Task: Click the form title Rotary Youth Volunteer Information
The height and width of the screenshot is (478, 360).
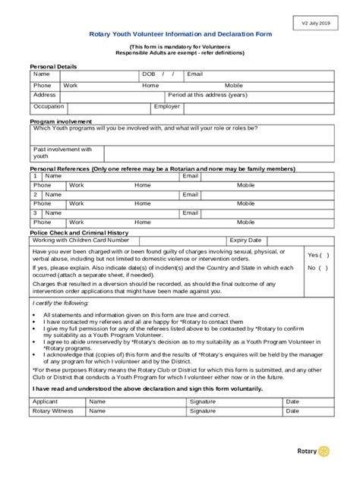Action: pos(180,35)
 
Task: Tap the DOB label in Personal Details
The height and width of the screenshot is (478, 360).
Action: pos(149,74)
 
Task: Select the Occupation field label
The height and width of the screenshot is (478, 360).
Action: pos(49,106)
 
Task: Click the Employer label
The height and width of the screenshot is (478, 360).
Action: pos(167,106)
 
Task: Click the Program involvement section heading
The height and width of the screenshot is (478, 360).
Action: pos(61,121)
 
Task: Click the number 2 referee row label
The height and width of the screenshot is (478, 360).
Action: pos(35,195)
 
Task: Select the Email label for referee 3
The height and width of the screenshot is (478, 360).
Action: pos(190,213)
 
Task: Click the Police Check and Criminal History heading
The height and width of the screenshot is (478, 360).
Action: pos(78,233)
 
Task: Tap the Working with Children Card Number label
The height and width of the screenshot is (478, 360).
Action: pos(81,240)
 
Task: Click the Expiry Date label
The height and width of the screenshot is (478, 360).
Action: pos(245,240)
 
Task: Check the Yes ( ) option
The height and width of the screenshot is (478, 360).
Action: pos(317,255)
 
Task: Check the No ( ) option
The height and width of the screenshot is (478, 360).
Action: pos(317,267)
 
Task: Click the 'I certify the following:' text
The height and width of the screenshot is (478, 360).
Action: pos(61,303)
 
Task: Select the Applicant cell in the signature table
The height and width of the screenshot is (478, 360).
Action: pos(46,401)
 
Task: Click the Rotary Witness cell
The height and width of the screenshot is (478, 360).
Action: pos(52,410)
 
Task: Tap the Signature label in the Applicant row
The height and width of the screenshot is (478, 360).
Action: pos(203,401)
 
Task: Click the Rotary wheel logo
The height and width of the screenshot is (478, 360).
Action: pos(324,451)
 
